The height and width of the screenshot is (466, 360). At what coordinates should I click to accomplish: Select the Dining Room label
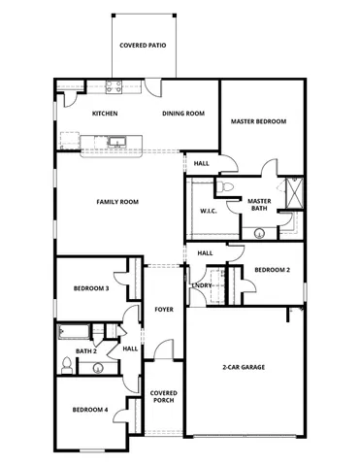(x=182, y=114)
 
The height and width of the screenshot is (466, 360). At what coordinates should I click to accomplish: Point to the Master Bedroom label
(x=258, y=121)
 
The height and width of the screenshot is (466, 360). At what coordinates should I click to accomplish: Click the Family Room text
(x=117, y=202)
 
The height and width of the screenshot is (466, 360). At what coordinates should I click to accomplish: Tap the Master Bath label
(x=258, y=205)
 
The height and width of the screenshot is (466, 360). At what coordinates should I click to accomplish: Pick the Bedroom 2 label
(x=273, y=271)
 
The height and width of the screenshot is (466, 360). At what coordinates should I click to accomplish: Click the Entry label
(x=202, y=285)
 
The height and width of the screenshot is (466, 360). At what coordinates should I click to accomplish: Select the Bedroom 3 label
(x=90, y=288)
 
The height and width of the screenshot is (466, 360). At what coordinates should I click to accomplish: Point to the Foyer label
(x=163, y=310)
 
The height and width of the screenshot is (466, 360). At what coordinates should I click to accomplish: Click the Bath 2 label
(x=85, y=350)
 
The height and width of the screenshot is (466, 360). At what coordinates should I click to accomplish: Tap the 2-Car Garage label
(x=244, y=367)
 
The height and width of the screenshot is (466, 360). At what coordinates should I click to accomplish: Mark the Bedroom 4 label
(x=89, y=410)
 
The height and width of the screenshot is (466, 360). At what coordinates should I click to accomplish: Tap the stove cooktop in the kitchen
(x=113, y=86)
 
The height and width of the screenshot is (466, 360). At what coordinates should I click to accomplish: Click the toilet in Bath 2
(x=65, y=366)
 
